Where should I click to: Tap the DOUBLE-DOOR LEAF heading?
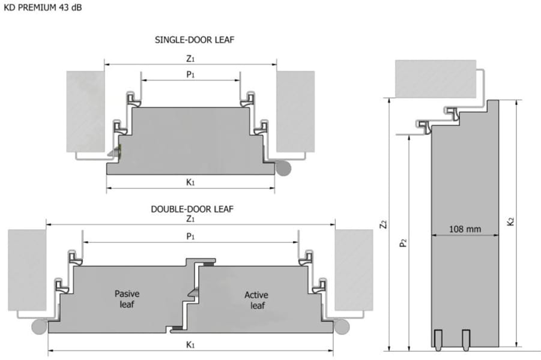tap(192, 209)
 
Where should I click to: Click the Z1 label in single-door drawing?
tap(190, 59)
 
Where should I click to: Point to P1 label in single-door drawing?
tap(190, 74)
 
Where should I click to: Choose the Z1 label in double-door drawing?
tap(190, 219)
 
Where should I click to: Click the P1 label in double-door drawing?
tap(190, 236)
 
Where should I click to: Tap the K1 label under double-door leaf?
tap(190, 344)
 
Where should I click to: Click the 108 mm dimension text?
tap(465, 229)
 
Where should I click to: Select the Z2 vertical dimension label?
tap(382, 225)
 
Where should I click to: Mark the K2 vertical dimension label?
tap(510, 221)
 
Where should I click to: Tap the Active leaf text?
tap(256, 300)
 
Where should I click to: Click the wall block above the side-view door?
tap(435, 77)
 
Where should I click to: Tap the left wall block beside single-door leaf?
tap(85, 111)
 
